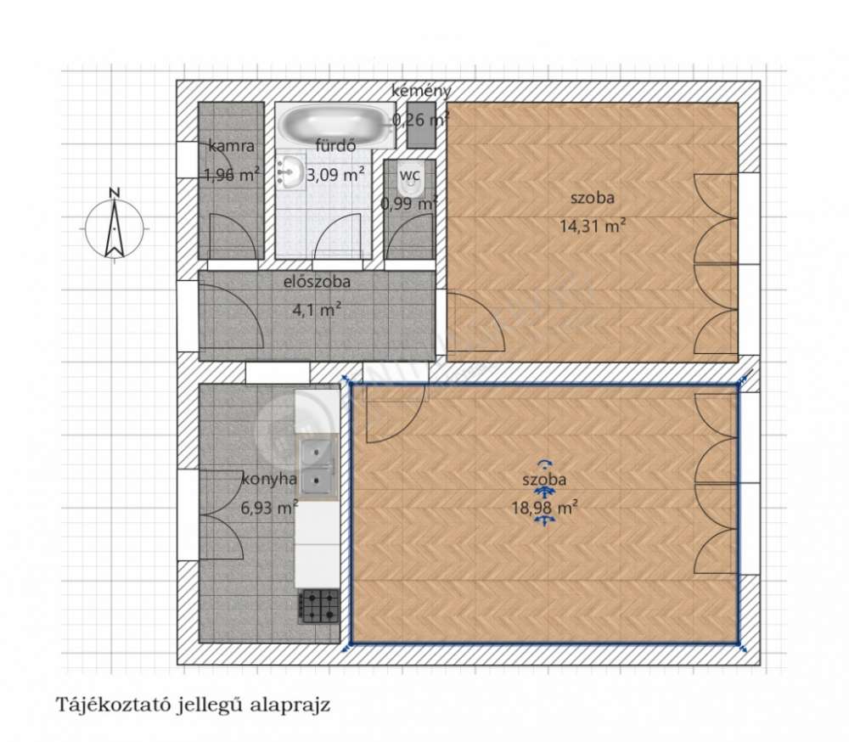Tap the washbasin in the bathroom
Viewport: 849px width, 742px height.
coord(290,171)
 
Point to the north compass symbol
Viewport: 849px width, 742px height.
coord(115,226)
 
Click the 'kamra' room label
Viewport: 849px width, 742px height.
coord(231,146)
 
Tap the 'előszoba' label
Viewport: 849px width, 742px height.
coord(317,282)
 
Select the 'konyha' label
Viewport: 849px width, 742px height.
coord(269,479)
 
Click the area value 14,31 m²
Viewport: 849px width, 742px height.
coord(593,225)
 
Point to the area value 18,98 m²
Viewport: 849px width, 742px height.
coord(544,508)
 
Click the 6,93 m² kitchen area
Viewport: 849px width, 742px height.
coord(269,508)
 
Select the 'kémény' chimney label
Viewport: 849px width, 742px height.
coord(421,91)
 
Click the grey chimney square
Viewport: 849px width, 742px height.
coord(421,126)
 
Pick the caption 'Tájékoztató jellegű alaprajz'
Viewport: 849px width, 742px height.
coord(193,705)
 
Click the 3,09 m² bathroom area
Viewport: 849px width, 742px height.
coord(335,175)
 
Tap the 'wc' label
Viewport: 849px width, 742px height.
coord(410,176)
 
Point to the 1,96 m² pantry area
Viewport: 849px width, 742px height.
coord(231,175)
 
